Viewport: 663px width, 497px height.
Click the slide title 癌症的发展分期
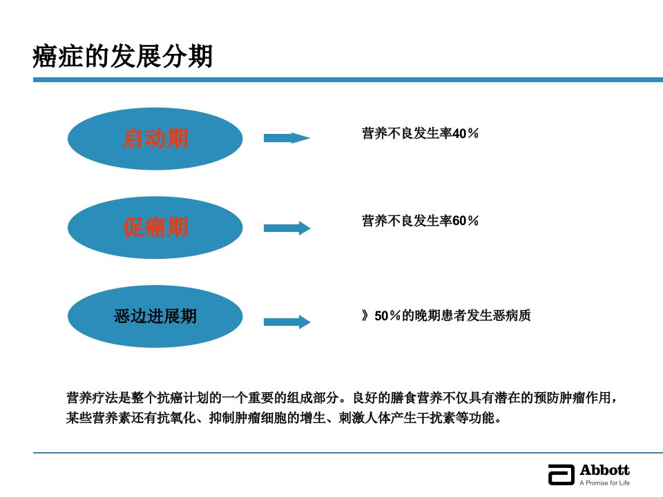[x=122, y=56]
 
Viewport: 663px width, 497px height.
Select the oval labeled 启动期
[x=155, y=139]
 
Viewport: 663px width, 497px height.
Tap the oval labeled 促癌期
[x=155, y=227]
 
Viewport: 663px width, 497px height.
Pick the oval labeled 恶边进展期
[x=155, y=316]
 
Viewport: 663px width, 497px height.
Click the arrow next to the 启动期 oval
[x=287, y=138]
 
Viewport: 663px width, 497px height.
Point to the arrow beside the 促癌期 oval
[x=287, y=228]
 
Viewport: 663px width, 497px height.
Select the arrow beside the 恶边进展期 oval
[x=287, y=322]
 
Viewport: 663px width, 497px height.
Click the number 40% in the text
[x=465, y=133]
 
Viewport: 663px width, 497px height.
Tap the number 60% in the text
[x=465, y=221]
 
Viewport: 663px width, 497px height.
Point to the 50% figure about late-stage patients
[x=387, y=315]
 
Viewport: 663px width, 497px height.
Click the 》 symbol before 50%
[x=365, y=315]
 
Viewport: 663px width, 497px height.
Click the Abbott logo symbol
[x=561, y=474]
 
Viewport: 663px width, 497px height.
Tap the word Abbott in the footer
[x=605, y=470]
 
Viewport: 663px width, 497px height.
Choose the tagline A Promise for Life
[x=605, y=483]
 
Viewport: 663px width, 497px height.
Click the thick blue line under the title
[x=348, y=79]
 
